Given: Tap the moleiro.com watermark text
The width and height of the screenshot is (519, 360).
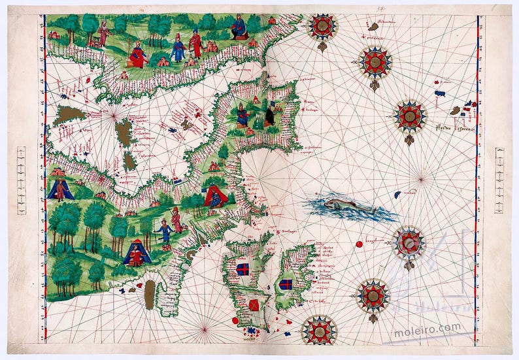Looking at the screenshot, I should (426, 330).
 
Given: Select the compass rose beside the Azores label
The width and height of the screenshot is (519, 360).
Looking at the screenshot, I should (410, 116).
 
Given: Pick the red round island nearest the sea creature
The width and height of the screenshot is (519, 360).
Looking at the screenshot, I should (358, 244).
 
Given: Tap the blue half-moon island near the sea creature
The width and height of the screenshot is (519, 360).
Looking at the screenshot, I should (397, 194).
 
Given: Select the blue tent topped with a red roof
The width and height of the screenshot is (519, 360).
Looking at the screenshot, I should (135, 254).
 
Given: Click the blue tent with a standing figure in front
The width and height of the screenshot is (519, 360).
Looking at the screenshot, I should (59, 189).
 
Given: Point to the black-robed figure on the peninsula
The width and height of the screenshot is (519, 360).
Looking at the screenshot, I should (268, 117).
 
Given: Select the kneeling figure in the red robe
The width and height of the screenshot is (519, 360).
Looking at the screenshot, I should (138, 55).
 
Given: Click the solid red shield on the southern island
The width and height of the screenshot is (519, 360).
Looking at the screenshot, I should (253, 305).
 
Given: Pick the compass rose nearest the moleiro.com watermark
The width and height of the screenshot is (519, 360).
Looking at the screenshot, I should (373, 296).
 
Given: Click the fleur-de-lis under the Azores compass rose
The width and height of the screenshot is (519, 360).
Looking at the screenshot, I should (409, 139).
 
